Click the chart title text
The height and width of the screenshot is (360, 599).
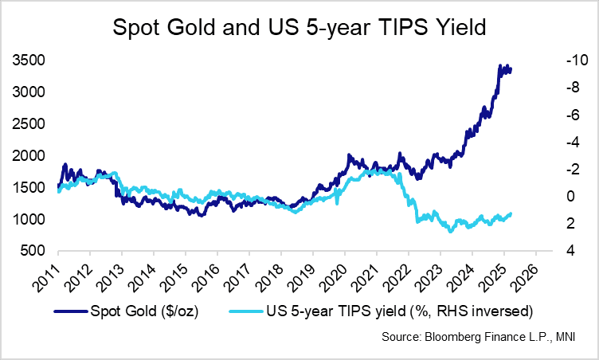point(299,29)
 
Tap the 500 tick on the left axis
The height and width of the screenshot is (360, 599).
point(34,251)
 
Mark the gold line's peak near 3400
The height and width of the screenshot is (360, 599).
point(499,65)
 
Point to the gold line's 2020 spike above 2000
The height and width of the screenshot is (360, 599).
point(349,155)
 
